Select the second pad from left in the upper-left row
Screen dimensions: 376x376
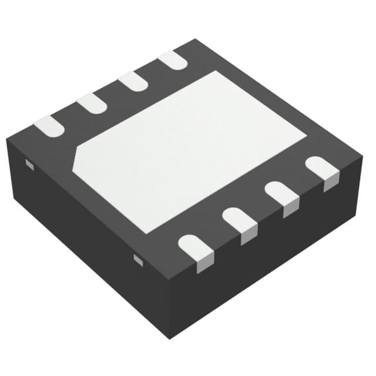point(92,103)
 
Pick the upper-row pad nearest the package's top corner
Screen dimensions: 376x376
point(172,60)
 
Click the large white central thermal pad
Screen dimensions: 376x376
point(188,147)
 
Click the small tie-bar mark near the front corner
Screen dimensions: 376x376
point(138,258)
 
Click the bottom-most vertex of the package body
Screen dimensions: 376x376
point(170,338)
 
